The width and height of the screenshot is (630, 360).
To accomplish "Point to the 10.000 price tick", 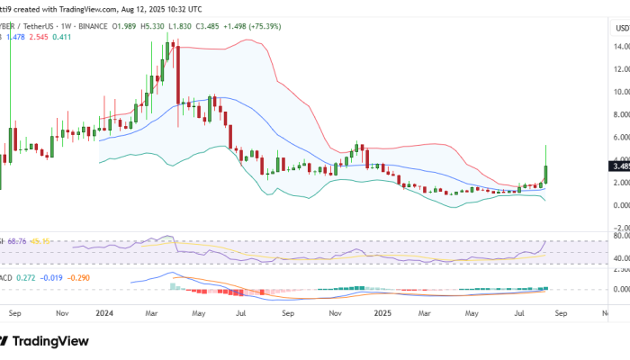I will click(x=620, y=92).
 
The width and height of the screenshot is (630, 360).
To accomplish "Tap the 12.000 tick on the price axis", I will click(x=620, y=69).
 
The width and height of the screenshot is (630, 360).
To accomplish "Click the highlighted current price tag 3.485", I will click(x=621, y=166).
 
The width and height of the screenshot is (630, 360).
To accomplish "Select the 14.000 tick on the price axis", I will click(x=620, y=47).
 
